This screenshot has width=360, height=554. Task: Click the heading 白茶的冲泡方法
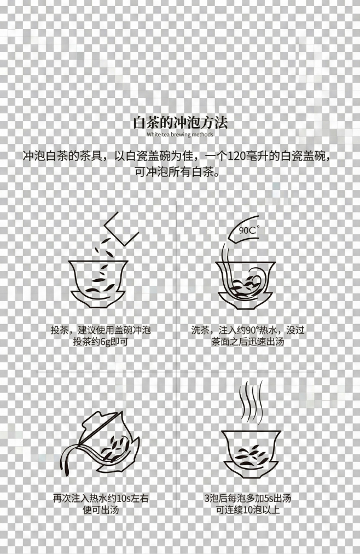(x=180, y=122)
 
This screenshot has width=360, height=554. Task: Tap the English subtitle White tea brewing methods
(x=180, y=134)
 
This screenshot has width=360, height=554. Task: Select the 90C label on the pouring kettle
(x=248, y=230)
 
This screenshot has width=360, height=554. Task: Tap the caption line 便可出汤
(x=101, y=510)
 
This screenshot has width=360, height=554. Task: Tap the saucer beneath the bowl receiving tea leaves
(x=98, y=298)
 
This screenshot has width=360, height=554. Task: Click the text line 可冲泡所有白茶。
(x=180, y=172)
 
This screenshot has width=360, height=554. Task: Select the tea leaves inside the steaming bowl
(x=251, y=452)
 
